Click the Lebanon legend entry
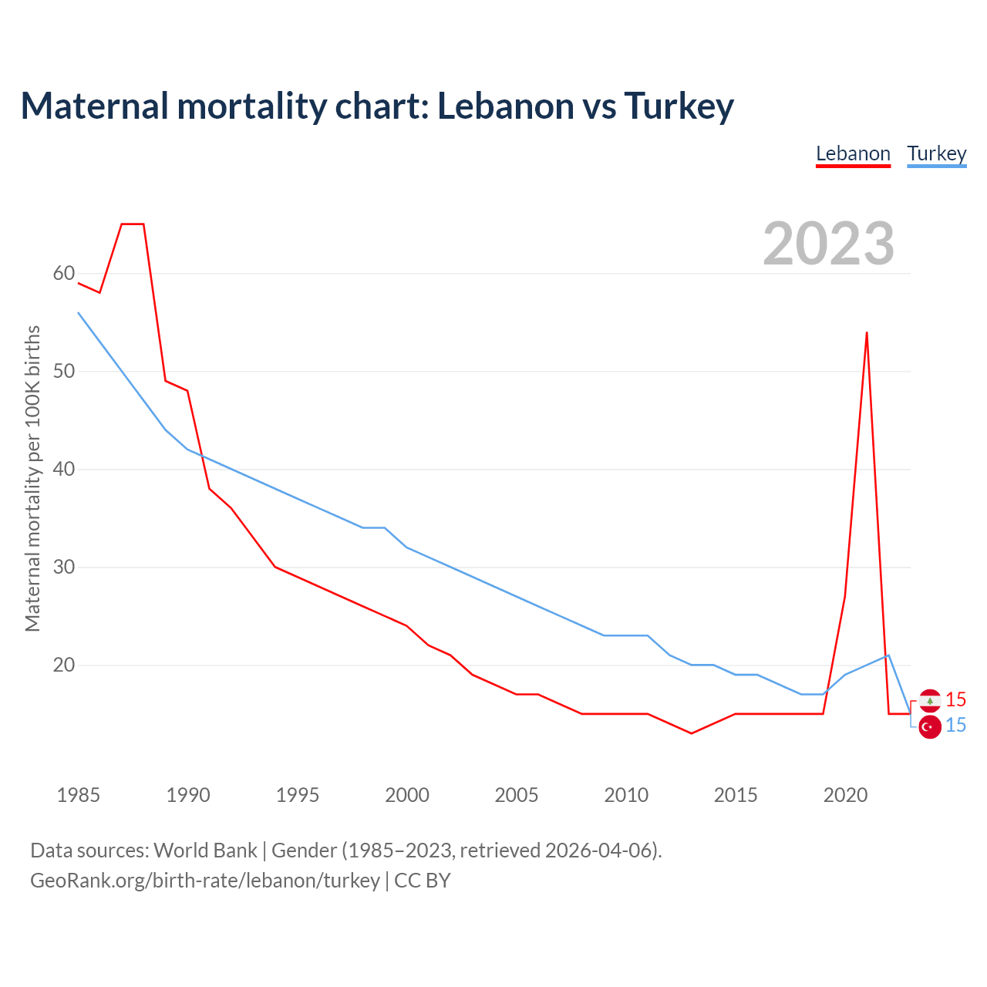tap(853, 153)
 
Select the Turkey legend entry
tap(936, 153)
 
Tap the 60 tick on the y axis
tap(64, 274)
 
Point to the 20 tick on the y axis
tap(64, 665)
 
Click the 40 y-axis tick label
tap(64, 470)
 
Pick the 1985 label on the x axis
tap(79, 795)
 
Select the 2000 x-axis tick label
tap(407, 795)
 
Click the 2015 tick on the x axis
tap(736, 795)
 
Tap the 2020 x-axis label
tap(845, 795)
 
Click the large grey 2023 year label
tap(828, 244)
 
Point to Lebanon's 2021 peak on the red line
tap(867, 333)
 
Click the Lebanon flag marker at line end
tap(930, 700)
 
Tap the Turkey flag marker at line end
tap(930, 726)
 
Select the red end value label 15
tap(955, 699)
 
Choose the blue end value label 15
tap(955, 726)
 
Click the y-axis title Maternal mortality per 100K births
tap(32, 478)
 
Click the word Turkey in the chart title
tap(679, 106)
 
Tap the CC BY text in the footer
tap(423, 881)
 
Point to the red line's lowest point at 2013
tap(692, 733)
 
